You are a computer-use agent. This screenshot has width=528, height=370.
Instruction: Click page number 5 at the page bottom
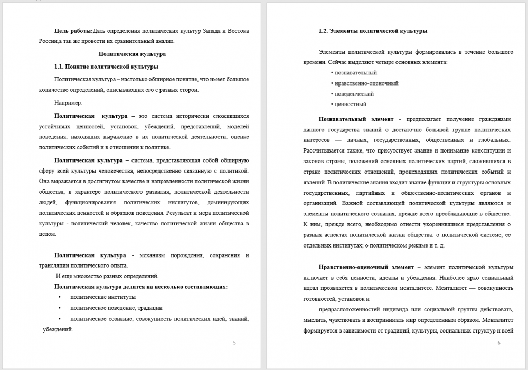(234, 343)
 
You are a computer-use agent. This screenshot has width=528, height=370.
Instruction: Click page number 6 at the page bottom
(499, 343)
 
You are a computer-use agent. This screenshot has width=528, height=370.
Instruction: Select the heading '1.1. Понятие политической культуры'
(106, 67)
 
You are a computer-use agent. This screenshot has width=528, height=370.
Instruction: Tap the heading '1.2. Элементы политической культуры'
(373, 31)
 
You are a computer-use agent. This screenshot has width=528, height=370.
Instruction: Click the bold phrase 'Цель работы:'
(73, 31)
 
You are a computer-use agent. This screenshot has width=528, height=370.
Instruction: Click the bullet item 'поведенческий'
(354, 93)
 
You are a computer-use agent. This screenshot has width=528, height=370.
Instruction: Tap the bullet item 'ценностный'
(351, 104)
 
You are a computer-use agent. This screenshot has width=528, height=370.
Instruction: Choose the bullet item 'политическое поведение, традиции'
(116, 308)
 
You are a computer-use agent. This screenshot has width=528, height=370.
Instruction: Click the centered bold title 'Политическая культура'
(133, 54)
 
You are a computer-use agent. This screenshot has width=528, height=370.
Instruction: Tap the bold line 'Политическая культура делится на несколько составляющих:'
(141, 287)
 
